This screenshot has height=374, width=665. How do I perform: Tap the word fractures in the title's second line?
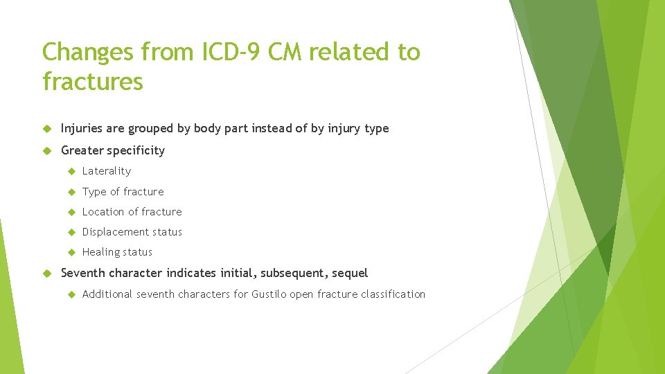pyautogui.click(x=93, y=82)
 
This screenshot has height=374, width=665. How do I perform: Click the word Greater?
pyautogui.click(x=82, y=150)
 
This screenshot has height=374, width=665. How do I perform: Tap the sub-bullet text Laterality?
pyautogui.click(x=106, y=171)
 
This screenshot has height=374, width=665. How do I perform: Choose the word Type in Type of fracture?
pyautogui.click(x=94, y=192)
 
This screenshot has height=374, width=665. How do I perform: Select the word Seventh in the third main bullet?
pyautogui.click(x=83, y=273)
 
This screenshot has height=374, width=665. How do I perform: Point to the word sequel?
pyautogui.click(x=351, y=273)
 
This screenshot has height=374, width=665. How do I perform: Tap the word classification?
pyautogui.click(x=393, y=294)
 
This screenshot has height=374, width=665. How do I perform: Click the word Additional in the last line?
pyautogui.click(x=107, y=294)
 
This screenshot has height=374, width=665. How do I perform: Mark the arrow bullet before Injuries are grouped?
pyautogui.click(x=48, y=129)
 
